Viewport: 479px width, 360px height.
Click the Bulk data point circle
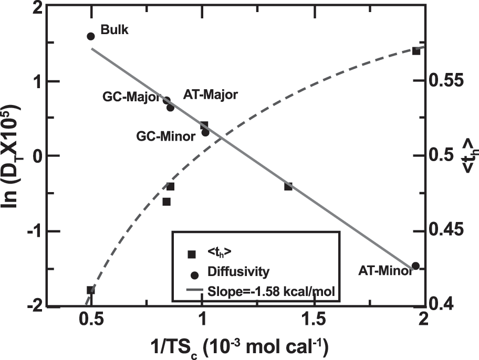click(x=91, y=36)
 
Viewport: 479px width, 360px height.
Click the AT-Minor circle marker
click(x=415, y=266)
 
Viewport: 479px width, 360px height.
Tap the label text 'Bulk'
click(x=114, y=30)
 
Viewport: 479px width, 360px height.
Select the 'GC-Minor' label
click(x=165, y=136)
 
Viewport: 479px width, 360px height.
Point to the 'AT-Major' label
click(x=210, y=94)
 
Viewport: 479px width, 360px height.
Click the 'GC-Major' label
click(x=131, y=97)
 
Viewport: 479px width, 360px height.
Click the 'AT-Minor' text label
click(x=385, y=271)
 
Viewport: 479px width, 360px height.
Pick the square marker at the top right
click(x=416, y=51)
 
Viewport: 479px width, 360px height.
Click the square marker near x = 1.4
click(x=288, y=186)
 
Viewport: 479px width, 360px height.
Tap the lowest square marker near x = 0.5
click(x=91, y=290)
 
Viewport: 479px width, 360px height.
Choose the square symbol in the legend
click(x=192, y=255)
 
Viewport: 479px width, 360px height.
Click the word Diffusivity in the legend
click(x=238, y=271)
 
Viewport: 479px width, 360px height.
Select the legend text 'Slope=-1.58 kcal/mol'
click(x=271, y=291)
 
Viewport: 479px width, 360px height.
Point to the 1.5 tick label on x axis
click(x=314, y=320)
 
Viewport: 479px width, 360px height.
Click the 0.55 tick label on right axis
click(x=446, y=80)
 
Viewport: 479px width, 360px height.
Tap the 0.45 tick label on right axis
click(x=446, y=230)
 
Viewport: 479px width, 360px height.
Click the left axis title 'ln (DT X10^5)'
click(x=12, y=156)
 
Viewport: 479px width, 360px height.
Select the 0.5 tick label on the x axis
click(x=91, y=320)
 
